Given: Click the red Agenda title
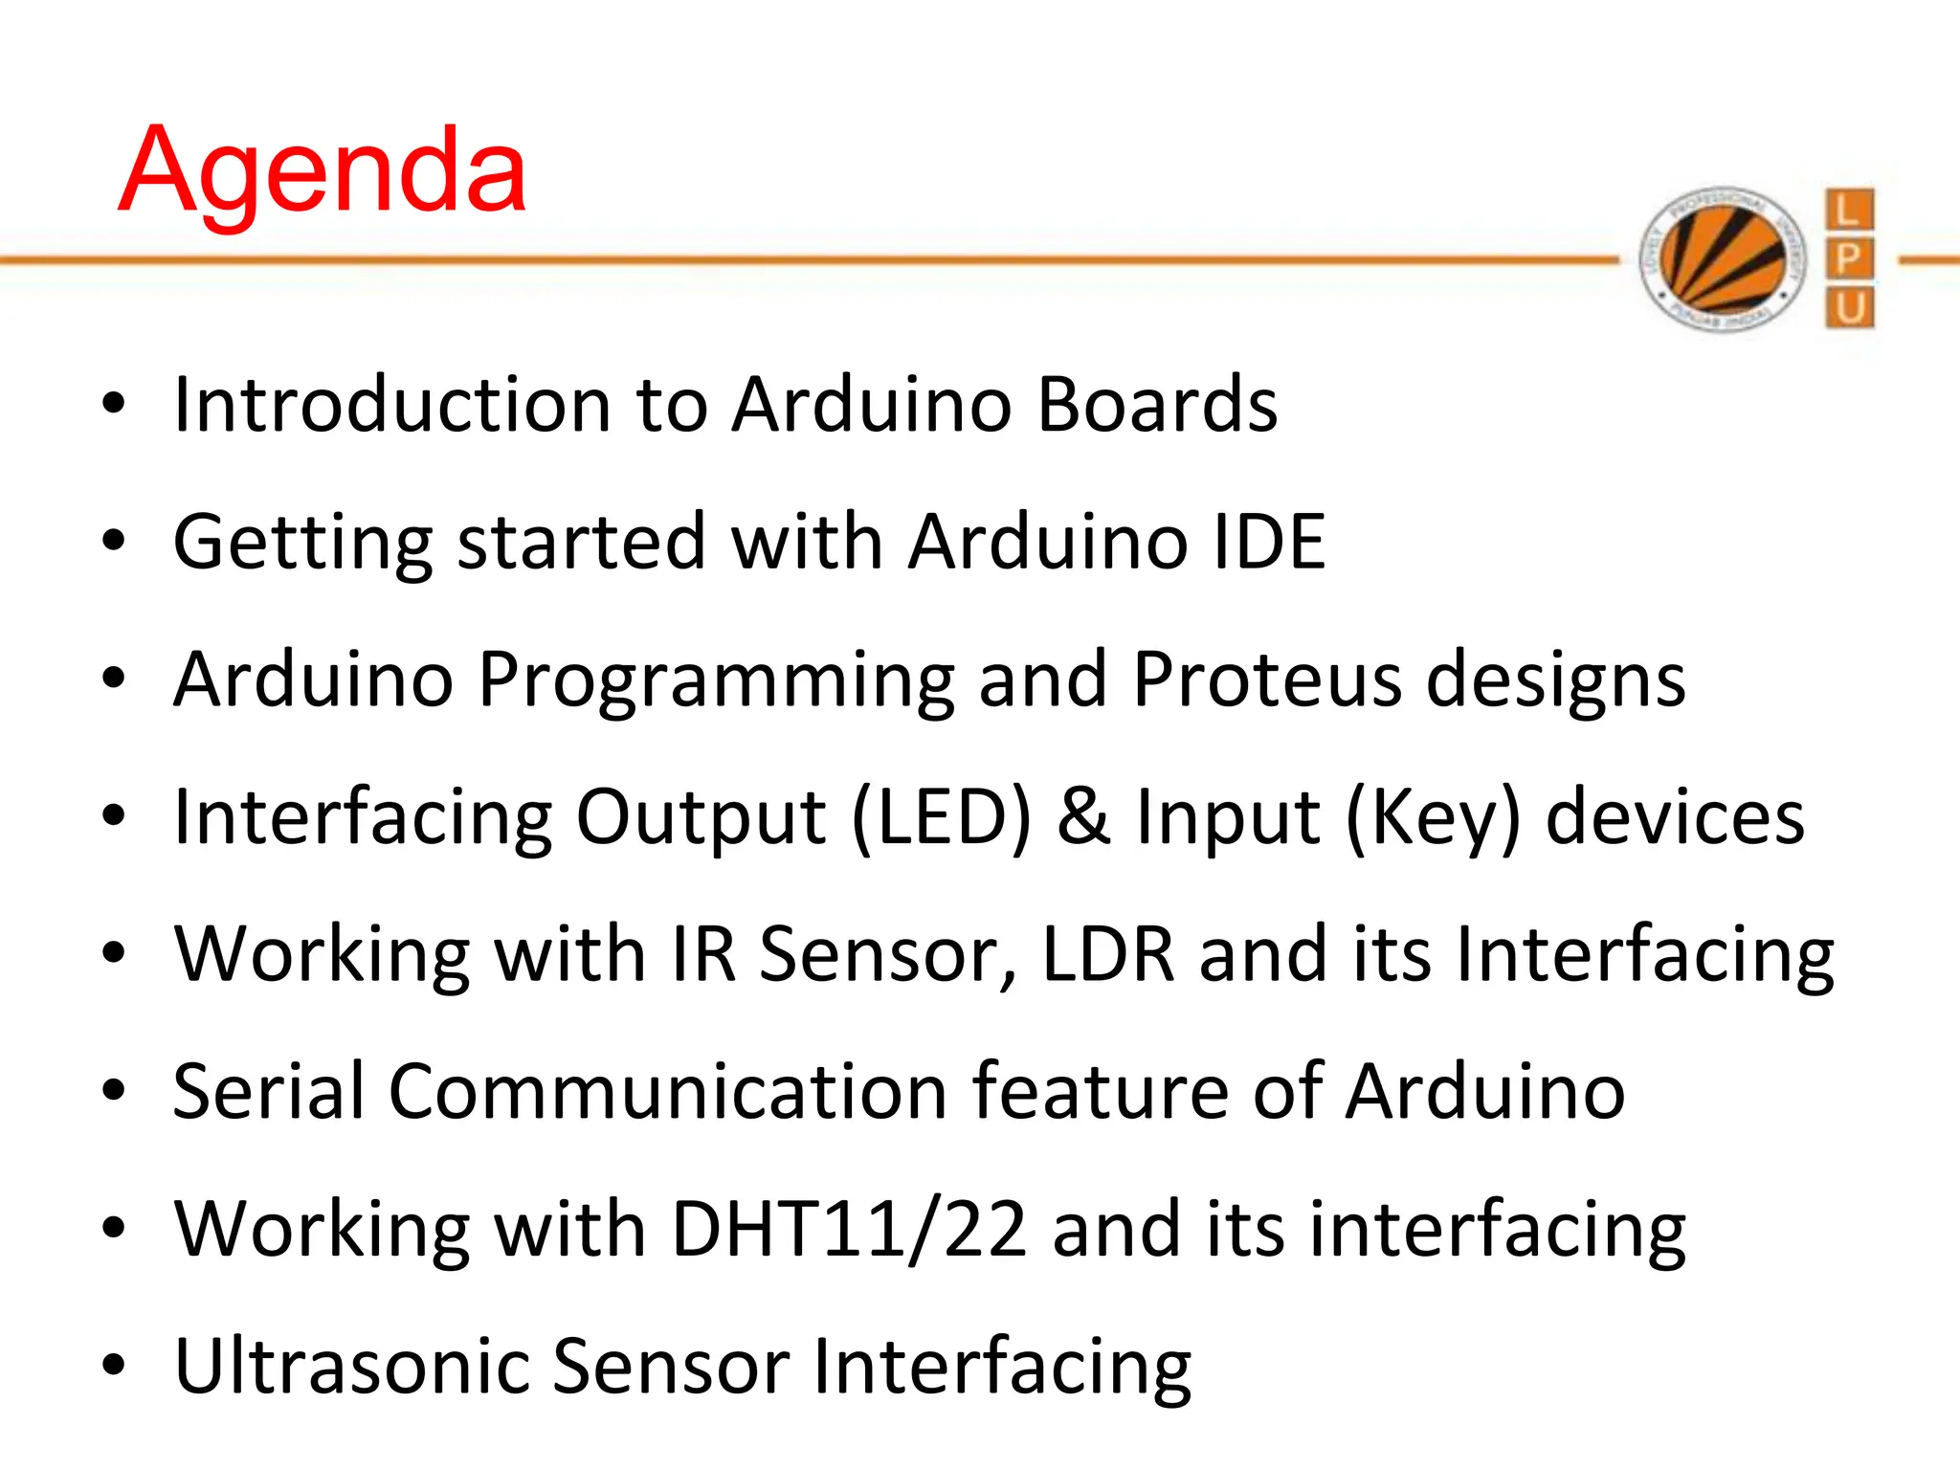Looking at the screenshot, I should (x=323, y=172).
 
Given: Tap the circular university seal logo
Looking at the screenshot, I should (x=1723, y=259).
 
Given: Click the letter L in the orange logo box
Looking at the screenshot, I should (x=1849, y=210).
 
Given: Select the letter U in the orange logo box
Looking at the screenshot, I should (x=1849, y=309).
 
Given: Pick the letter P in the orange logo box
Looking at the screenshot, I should (x=1849, y=259).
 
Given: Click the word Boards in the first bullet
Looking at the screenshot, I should (x=1157, y=405).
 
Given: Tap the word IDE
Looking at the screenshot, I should (x=1269, y=542).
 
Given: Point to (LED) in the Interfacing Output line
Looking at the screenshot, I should (x=942, y=817).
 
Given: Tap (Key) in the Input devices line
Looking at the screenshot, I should (x=1433, y=819).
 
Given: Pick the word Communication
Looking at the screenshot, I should (x=668, y=1092).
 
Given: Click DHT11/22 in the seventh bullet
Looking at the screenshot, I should (x=849, y=1230).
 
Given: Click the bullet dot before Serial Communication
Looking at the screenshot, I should (x=114, y=1091).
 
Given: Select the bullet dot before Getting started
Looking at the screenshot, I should (x=114, y=542).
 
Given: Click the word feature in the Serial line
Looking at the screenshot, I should (x=1100, y=1092).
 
